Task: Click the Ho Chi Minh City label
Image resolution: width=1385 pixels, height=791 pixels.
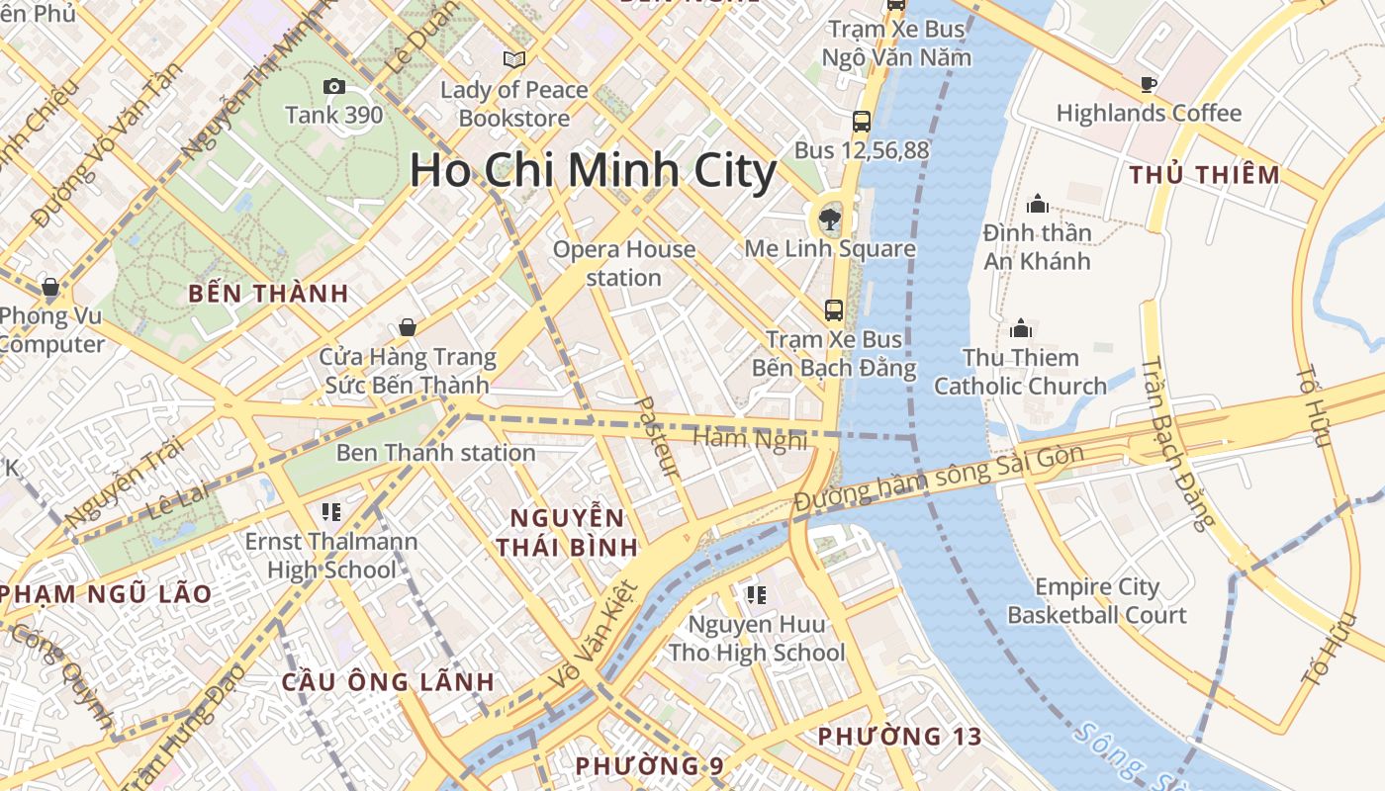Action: (x=594, y=170)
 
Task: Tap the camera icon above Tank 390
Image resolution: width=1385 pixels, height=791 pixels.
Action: (x=334, y=86)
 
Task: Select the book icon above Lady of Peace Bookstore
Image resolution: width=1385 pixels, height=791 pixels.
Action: (x=514, y=59)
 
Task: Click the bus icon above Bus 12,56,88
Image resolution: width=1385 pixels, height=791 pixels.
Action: (x=862, y=122)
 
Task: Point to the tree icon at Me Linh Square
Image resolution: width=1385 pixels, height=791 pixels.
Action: (x=829, y=218)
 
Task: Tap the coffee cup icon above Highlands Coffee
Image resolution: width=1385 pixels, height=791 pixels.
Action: (x=1149, y=84)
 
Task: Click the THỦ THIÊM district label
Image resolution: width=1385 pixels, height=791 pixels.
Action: (x=1205, y=175)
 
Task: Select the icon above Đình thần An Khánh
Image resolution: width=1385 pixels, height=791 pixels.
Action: (x=1038, y=204)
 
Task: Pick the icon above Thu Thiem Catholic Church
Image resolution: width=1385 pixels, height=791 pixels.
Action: (x=1021, y=327)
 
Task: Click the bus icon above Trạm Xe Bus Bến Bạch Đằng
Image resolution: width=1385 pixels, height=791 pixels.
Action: (x=834, y=310)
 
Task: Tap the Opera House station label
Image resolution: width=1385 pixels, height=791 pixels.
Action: (x=623, y=263)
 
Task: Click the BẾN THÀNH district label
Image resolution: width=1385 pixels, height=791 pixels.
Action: (x=268, y=293)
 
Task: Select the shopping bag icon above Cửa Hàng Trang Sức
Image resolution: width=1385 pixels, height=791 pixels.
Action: (x=407, y=327)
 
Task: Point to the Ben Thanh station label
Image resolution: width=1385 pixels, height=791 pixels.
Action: (x=435, y=453)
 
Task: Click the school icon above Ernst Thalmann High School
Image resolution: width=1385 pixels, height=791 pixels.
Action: (x=331, y=511)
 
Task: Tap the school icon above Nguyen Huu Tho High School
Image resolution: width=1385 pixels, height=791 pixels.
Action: (x=757, y=594)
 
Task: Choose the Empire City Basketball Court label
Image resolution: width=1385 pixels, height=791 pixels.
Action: (x=1096, y=601)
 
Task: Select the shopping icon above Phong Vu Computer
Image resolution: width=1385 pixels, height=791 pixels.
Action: (x=50, y=288)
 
